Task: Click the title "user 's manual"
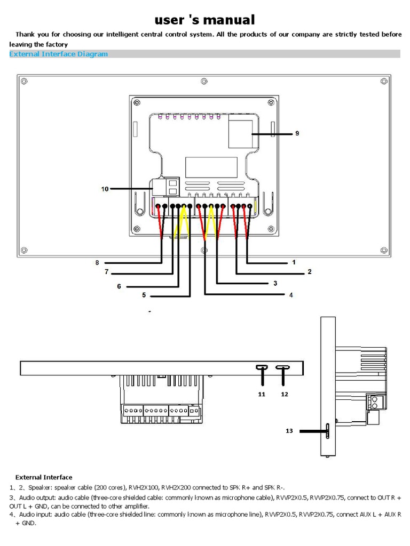coord(205,20)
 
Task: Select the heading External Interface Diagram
coord(59,54)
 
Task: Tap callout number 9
coord(297,133)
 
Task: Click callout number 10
coord(105,188)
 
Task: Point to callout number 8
coord(98,262)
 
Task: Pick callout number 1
coord(294,262)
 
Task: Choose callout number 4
coord(291,294)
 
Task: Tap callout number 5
coord(144,294)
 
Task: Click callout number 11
coord(262,394)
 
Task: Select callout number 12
coord(284,394)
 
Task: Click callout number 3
coord(275,284)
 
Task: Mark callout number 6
coord(119,286)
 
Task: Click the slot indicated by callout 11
coord(262,367)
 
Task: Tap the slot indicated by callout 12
coord(282,367)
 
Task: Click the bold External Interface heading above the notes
coord(44,477)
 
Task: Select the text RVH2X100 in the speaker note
coord(145,487)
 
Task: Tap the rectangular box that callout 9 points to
coord(240,133)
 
